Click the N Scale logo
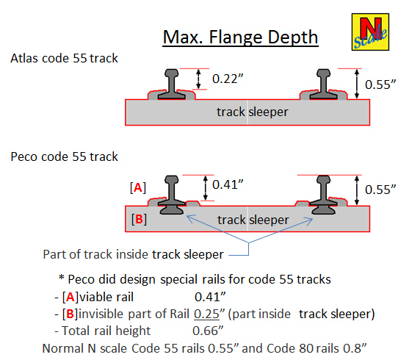coord(370,32)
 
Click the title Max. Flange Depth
coord(240,37)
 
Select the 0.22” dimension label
coord(228,79)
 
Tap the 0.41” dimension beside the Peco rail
coord(228,184)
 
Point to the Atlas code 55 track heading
coord(64,58)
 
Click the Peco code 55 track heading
coord(64,156)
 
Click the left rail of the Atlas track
coord(172,84)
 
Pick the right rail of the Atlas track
coord(323,84)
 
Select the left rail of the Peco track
coord(172,195)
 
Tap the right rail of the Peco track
coord(323,195)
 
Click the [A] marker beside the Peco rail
coord(138,188)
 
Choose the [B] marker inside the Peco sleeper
coord(139,219)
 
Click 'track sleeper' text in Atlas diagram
coord(253,112)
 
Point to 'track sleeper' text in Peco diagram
coord(253,220)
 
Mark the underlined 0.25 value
coord(206,314)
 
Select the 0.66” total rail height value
coord(208,331)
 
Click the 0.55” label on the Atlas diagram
coord(380,84)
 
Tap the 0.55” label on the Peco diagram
coord(380,190)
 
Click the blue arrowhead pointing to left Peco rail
coord(190,218)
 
